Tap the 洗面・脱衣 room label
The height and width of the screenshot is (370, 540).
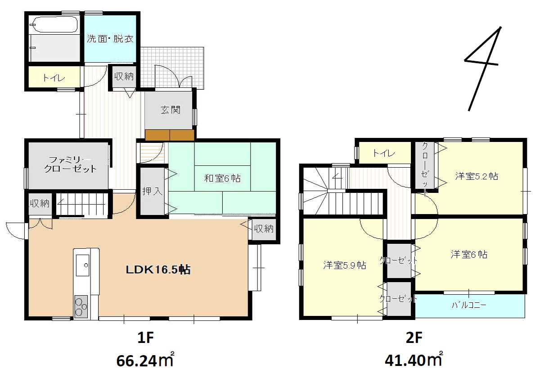pyautogui.click(x=110, y=39)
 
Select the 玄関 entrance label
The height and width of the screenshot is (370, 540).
pyautogui.click(x=171, y=110)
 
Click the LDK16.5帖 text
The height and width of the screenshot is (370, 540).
pyautogui.click(x=158, y=270)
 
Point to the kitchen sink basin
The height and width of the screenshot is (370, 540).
pyautogui.click(x=82, y=265)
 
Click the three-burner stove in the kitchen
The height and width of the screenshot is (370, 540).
pyautogui.click(x=81, y=307)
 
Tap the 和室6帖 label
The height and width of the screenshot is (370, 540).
pyautogui.click(x=222, y=178)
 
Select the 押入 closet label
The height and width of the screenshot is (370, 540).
pyautogui.click(x=152, y=191)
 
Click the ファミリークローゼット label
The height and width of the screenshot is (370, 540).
pyautogui.click(x=70, y=164)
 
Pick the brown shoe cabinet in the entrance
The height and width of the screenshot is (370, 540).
pyautogui.click(x=170, y=135)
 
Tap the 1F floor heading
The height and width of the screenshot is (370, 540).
pyautogui.click(x=145, y=338)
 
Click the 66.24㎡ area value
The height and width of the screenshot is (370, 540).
pyautogui.click(x=145, y=360)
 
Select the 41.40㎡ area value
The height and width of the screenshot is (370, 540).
pyautogui.click(x=414, y=360)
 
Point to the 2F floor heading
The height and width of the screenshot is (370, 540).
pyautogui.click(x=414, y=338)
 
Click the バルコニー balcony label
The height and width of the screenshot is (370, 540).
pyautogui.click(x=469, y=305)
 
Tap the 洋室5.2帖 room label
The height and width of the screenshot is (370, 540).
pyautogui.click(x=477, y=176)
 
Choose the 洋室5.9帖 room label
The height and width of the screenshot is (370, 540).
pyautogui.click(x=345, y=265)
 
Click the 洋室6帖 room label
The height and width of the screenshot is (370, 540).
pyautogui.click(x=469, y=254)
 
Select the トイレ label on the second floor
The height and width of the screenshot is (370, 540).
pyautogui.click(x=384, y=153)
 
